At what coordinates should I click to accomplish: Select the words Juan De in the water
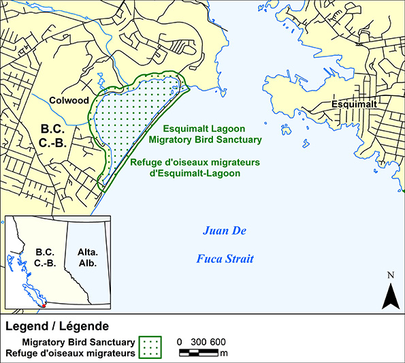(x=224, y=232)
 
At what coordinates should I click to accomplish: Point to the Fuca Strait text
(x=225, y=259)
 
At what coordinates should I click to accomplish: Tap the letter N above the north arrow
(x=390, y=276)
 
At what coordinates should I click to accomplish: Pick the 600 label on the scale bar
(x=218, y=342)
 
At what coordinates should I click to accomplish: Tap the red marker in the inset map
(x=44, y=306)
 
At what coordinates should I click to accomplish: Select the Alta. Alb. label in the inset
(x=87, y=257)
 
